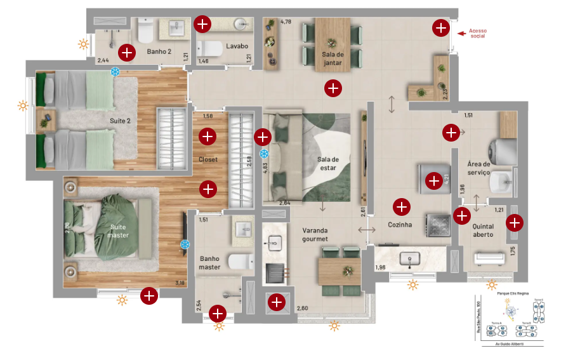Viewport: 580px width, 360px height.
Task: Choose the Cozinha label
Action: click(x=400, y=225)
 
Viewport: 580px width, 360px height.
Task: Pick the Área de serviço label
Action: click(x=482, y=168)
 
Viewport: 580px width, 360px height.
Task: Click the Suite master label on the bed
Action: click(x=118, y=231)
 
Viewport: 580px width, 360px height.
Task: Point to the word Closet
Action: click(x=208, y=160)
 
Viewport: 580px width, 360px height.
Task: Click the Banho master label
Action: click(x=209, y=263)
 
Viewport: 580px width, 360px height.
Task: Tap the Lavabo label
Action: click(x=236, y=46)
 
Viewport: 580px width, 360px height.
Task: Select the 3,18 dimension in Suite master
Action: click(x=180, y=284)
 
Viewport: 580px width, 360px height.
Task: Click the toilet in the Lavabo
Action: click(x=209, y=48)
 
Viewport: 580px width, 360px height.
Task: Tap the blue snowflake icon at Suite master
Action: click(x=185, y=244)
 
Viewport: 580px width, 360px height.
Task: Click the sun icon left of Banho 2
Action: click(x=83, y=44)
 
